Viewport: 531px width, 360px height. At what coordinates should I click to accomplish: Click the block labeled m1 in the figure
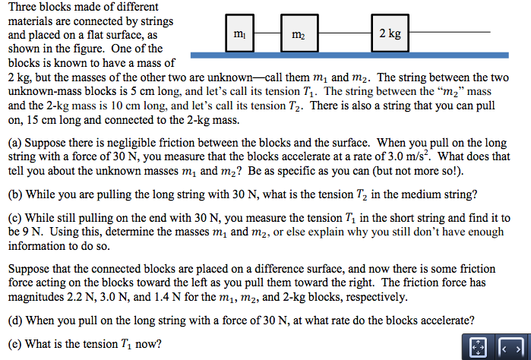coord(240,33)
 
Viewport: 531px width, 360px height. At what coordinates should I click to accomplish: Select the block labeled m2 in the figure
coord(299,33)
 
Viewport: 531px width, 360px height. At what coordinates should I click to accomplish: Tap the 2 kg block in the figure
coord(390,33)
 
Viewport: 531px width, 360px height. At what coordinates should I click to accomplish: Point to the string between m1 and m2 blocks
coord(267,33)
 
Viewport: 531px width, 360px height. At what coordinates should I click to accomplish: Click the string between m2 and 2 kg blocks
coord(345,33)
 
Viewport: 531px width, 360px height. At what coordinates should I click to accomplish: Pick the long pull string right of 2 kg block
coord(450,32)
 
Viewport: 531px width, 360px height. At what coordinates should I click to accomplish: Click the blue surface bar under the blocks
coord(349,55)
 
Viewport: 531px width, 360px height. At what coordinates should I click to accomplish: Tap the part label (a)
coord(15,143)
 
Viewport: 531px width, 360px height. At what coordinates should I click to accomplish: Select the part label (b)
coord(16,194)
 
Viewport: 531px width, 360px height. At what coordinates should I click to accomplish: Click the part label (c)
coord(15,218)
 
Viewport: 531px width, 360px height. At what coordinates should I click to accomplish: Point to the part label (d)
coord(16,320)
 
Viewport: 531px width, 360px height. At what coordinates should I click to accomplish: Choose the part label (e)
coord(15,344)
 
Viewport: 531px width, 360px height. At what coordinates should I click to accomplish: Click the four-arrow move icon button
coord(478,348)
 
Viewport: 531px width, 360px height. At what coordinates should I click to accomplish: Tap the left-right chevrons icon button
coord(511,348)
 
